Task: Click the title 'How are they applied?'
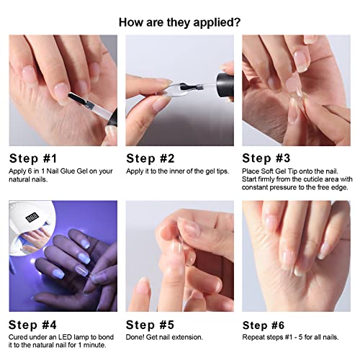(179, 22)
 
